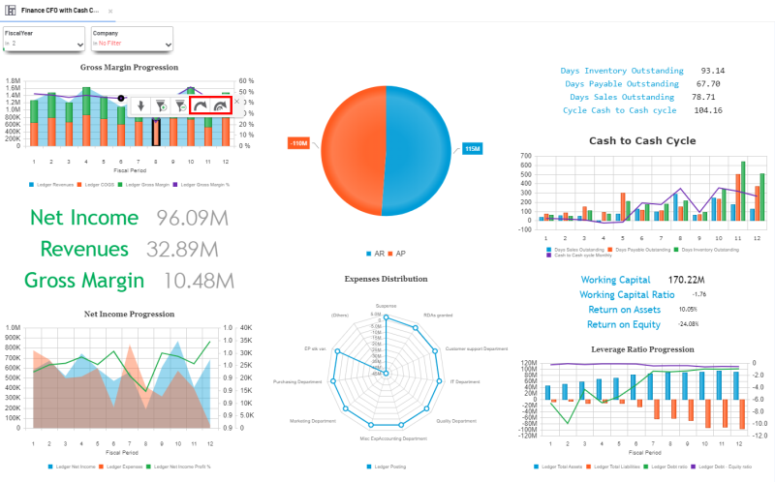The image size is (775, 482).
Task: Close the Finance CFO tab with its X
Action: [110, 11]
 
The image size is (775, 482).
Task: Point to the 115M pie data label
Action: [473, 148]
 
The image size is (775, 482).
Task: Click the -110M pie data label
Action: [299, 143]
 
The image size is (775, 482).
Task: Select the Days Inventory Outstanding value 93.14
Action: [713, 71]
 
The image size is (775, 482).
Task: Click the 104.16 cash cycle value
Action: [708, 110]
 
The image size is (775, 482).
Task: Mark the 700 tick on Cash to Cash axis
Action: [526, 155]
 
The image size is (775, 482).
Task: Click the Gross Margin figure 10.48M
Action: [199, 281]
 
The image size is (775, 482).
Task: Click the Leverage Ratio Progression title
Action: [642, 348]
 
